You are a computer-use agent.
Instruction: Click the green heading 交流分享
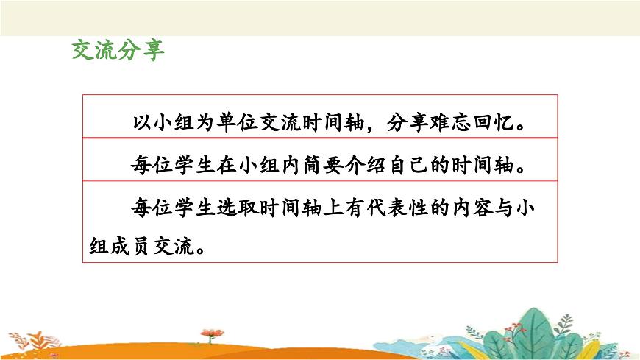117,50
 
